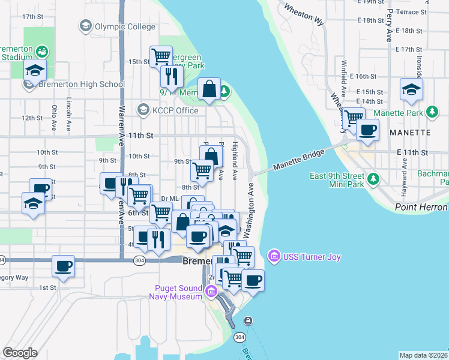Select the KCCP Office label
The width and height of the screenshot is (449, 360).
(175, 110)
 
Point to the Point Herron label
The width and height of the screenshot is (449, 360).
(421, 207)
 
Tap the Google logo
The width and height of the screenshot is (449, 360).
(20, 352)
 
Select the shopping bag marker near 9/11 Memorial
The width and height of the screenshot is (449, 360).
(209, 90)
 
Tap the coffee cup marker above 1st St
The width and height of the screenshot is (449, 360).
(63, 266)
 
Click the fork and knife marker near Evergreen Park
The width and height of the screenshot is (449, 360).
(171, 76)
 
